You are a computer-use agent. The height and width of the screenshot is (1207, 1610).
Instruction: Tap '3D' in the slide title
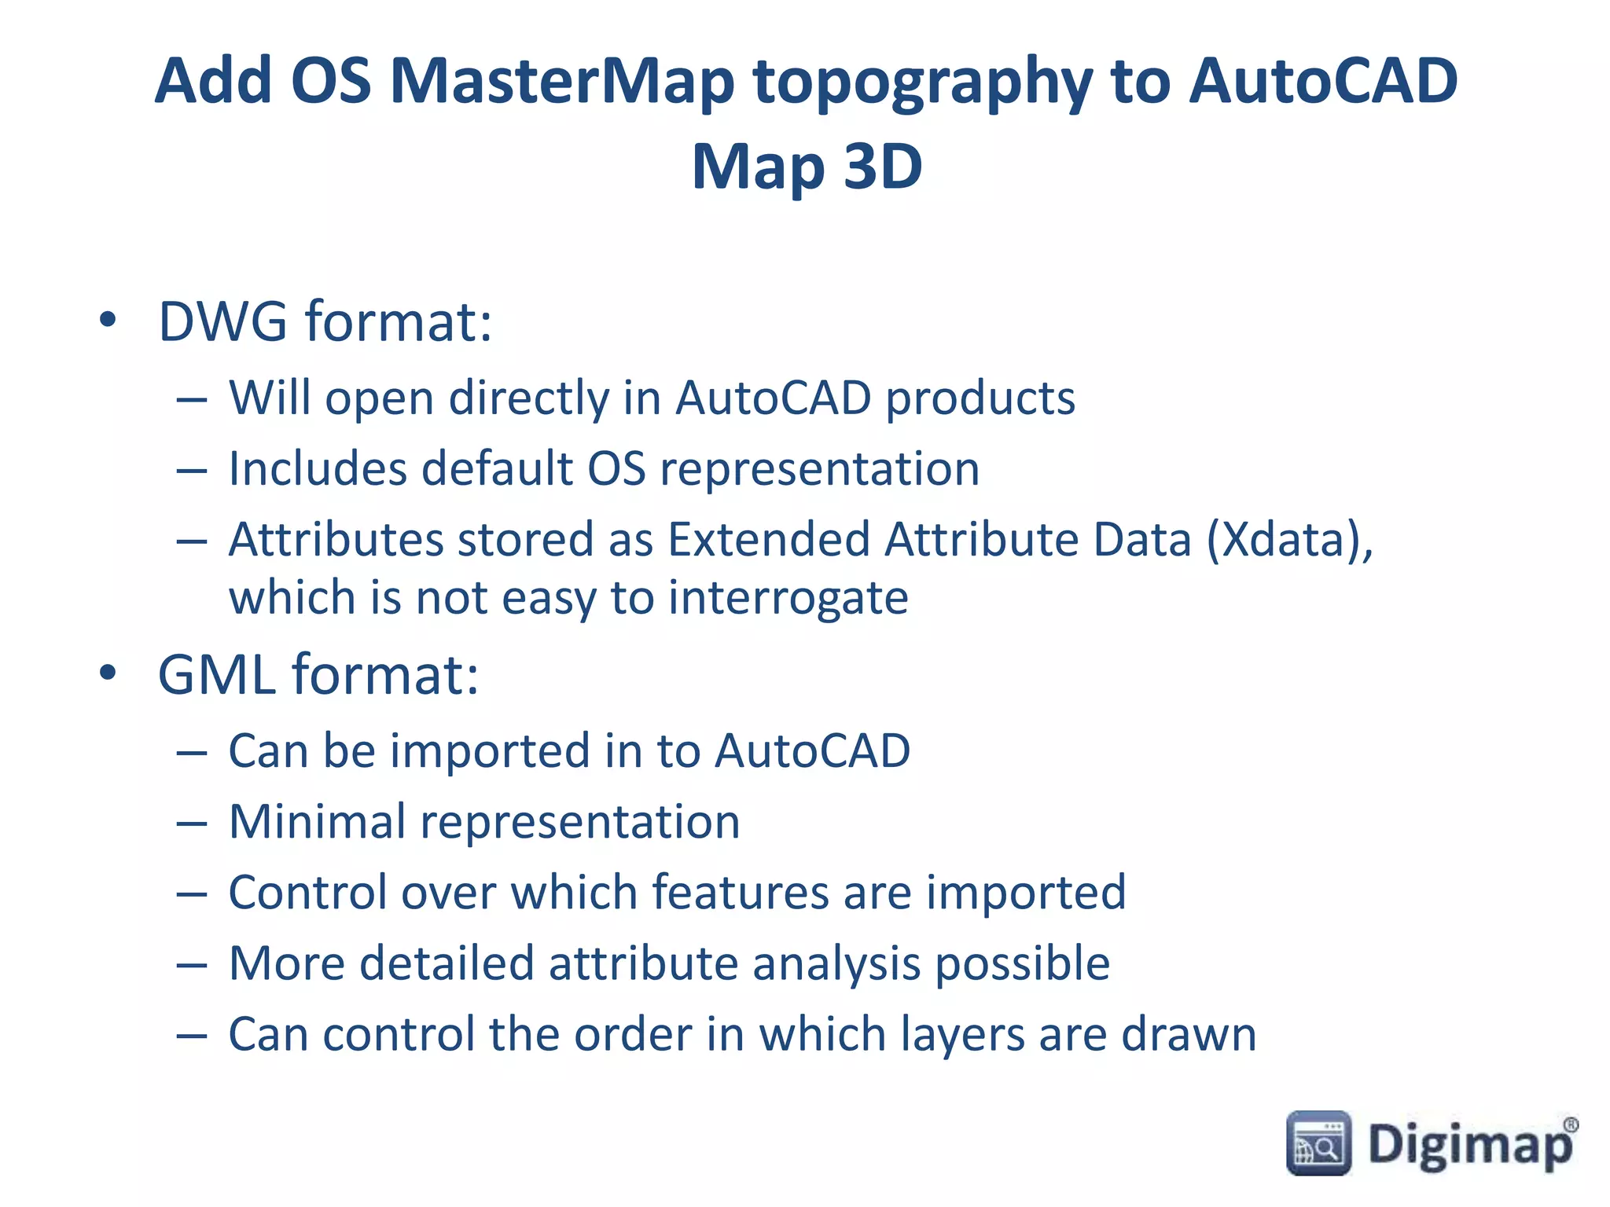point(882,167)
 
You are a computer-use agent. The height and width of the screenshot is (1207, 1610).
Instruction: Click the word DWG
point(222,321)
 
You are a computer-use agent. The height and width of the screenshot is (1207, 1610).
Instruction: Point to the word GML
point(216,675)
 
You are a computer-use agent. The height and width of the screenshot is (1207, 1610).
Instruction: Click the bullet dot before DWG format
point(108,321)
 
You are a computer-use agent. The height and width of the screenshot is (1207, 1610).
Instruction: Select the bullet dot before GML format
point(108,673)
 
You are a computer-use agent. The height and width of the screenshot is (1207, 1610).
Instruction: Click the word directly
point(528,399)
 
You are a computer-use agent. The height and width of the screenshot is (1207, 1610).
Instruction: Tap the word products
point(980,399)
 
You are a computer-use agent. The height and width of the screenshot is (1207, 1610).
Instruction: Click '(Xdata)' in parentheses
point(1289,541)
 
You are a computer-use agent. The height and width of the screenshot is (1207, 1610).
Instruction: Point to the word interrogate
point(788,599)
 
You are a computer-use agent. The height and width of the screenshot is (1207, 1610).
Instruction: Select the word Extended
point(768,540)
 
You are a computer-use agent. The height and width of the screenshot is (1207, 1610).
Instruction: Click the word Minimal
point(317,822)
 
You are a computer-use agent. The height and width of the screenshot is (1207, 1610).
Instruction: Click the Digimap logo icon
point(1318,1143)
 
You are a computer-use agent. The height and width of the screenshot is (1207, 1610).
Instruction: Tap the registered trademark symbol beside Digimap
point(1570,1125)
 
